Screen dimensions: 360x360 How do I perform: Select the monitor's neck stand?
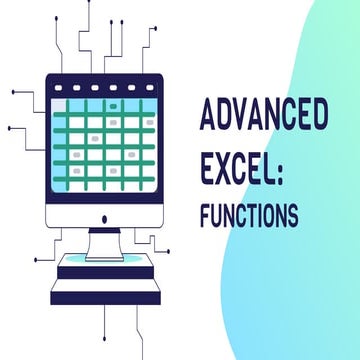click(x=105, y=239)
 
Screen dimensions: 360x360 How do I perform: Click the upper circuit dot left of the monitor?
click(x=13, y=92)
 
